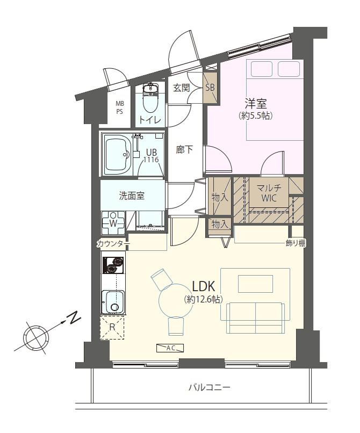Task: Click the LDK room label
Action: click(x=203, y=286)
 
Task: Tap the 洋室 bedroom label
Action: click(x=256, y=104)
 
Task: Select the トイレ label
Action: click(x=150, y=120)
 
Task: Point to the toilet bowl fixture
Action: click(x=150, y=97)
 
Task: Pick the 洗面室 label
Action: click(x=132, y=196)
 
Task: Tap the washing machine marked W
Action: click(x=113, y=222)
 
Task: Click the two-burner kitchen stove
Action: click(x=113, y=265)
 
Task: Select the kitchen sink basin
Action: click(x=113, y=301)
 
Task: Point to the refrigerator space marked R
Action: click(x=112, y=328)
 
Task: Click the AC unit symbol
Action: click(x=170, y=348)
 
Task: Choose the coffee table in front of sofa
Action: click(x=256, y=283)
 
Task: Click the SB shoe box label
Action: click(x=210, y=88)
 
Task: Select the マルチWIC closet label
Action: click(x=269, y=193)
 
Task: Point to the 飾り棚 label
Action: click(x=296, y=243)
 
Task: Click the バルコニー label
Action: click(x=210, y=387)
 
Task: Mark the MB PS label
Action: click(x=120, y=107)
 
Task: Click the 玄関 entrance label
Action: click(x=182, y=88)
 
